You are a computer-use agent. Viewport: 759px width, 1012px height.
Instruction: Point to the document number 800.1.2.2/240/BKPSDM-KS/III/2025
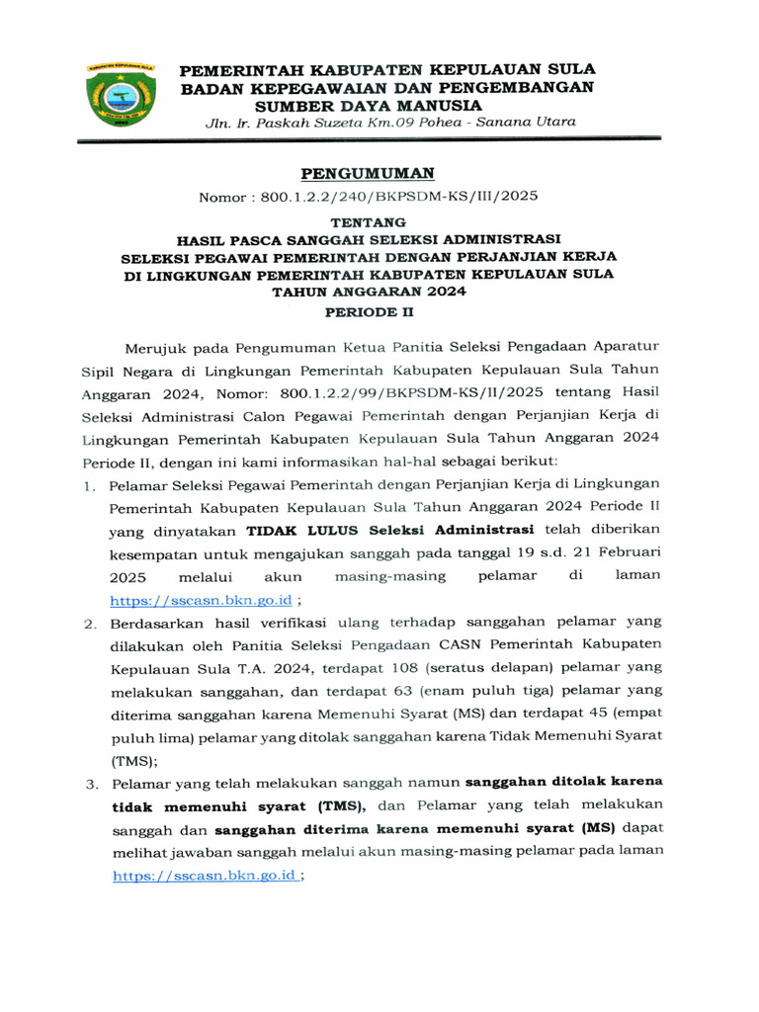[399, 197]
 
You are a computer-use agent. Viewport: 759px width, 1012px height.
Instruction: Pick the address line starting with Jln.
[389, 123]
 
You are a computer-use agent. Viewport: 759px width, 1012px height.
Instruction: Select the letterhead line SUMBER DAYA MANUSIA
[369, 105]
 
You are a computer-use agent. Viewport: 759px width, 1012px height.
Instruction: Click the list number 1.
[88, 486]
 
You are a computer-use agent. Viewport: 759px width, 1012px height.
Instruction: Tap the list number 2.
[88, 624]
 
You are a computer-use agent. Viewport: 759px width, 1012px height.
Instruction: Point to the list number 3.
[88, 784]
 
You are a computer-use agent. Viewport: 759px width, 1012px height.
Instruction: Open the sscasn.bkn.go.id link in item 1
[202, 600]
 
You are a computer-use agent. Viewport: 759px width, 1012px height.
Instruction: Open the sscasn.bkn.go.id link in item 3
[205, 876]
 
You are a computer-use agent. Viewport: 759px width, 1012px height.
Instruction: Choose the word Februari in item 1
[627, 552]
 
